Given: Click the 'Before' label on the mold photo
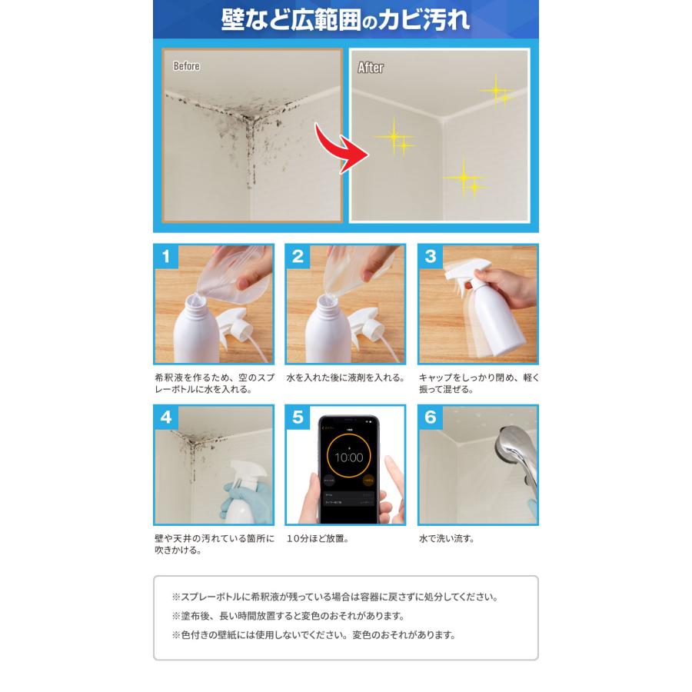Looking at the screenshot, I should [x=187, y=66].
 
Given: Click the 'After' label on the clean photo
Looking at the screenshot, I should [x=371, y=68].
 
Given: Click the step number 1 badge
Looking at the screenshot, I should [x=165, y=256].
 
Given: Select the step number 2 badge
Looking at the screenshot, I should [x=298, y=256].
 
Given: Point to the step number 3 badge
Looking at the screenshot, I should [x=430, y=256].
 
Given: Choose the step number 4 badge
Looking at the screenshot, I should [x=165, y=417].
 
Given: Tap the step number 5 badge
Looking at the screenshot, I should [x=298, y=417].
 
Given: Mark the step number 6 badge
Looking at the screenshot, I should [x=430, y=417].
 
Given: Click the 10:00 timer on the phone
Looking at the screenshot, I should [x=348, y=457].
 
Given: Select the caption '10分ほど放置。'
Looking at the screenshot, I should [x=318, y=539].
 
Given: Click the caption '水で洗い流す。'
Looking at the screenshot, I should [x=447, y=539].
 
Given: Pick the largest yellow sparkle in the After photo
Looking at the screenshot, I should [x=394, y=138].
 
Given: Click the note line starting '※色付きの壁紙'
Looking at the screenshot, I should [x=314, y=635].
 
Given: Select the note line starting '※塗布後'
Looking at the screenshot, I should [x=288, y=616].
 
